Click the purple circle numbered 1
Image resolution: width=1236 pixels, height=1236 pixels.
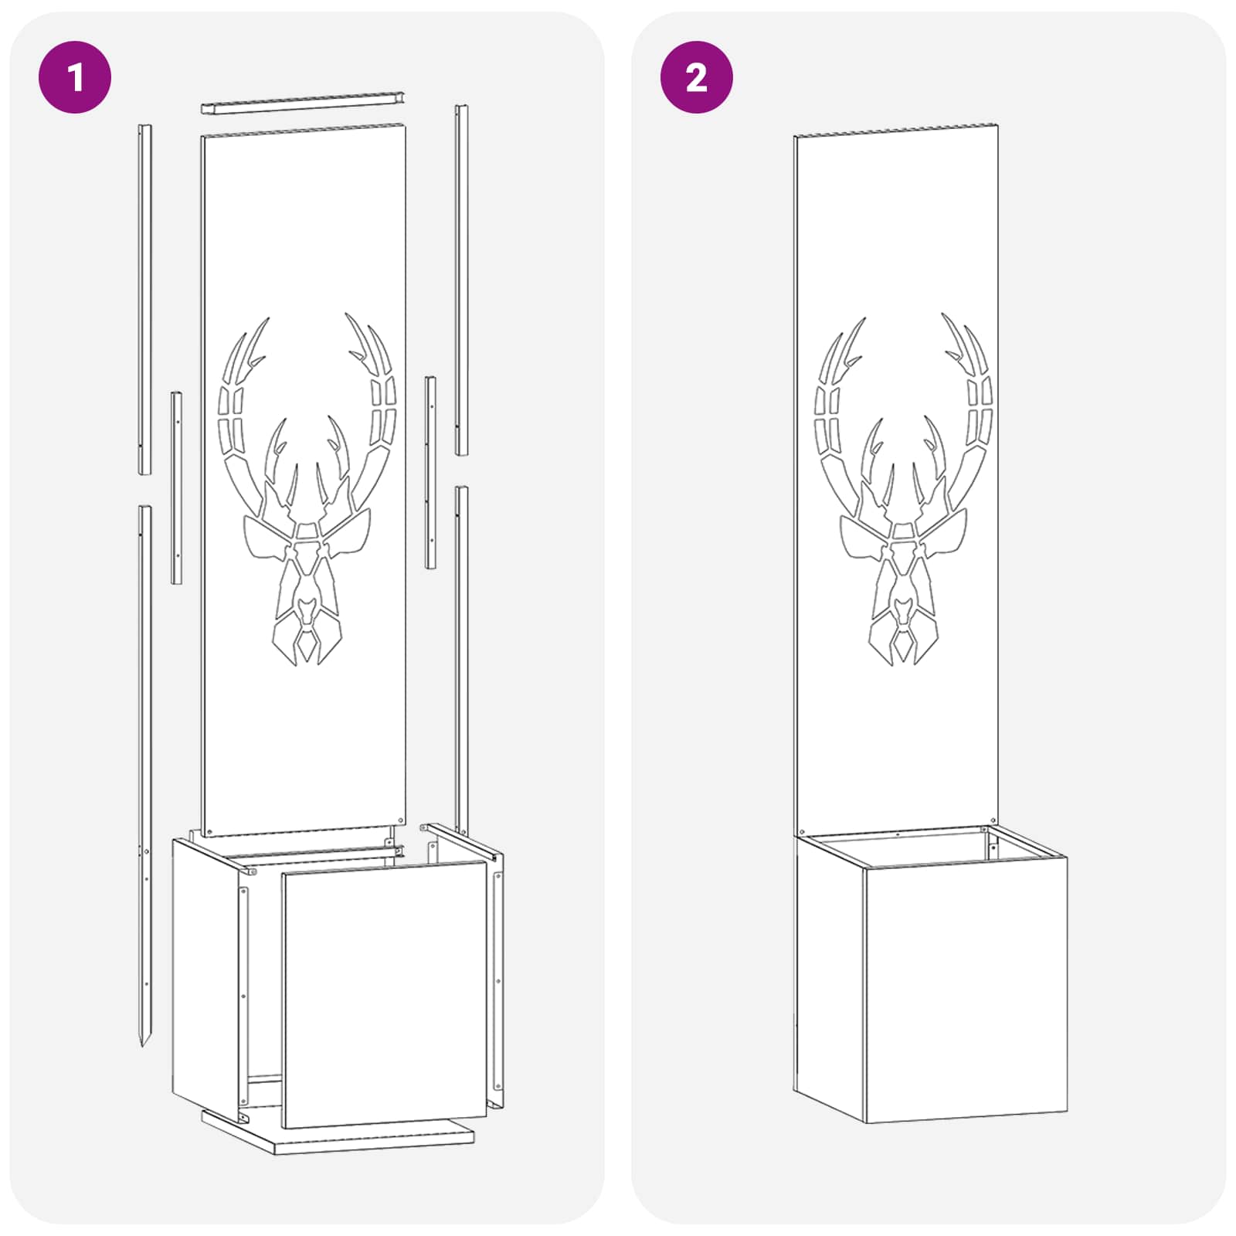coord(75,77)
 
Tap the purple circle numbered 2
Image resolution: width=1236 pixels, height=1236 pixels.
coord(697,77)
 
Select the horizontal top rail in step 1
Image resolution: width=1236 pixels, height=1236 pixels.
coord(304,103)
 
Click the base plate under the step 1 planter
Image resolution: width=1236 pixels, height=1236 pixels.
coord(338,1132)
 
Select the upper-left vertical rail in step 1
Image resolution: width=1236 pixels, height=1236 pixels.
coord(144,299)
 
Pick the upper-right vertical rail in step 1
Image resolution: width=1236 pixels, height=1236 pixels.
coord(461,280)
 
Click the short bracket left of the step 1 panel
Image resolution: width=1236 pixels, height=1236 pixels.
coord(177,487)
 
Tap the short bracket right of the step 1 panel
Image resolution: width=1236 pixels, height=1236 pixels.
coord(430,473)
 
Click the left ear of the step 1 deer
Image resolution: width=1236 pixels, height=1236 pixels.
coord(266,538)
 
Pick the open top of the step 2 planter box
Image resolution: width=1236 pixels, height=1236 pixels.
coord(931,846)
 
